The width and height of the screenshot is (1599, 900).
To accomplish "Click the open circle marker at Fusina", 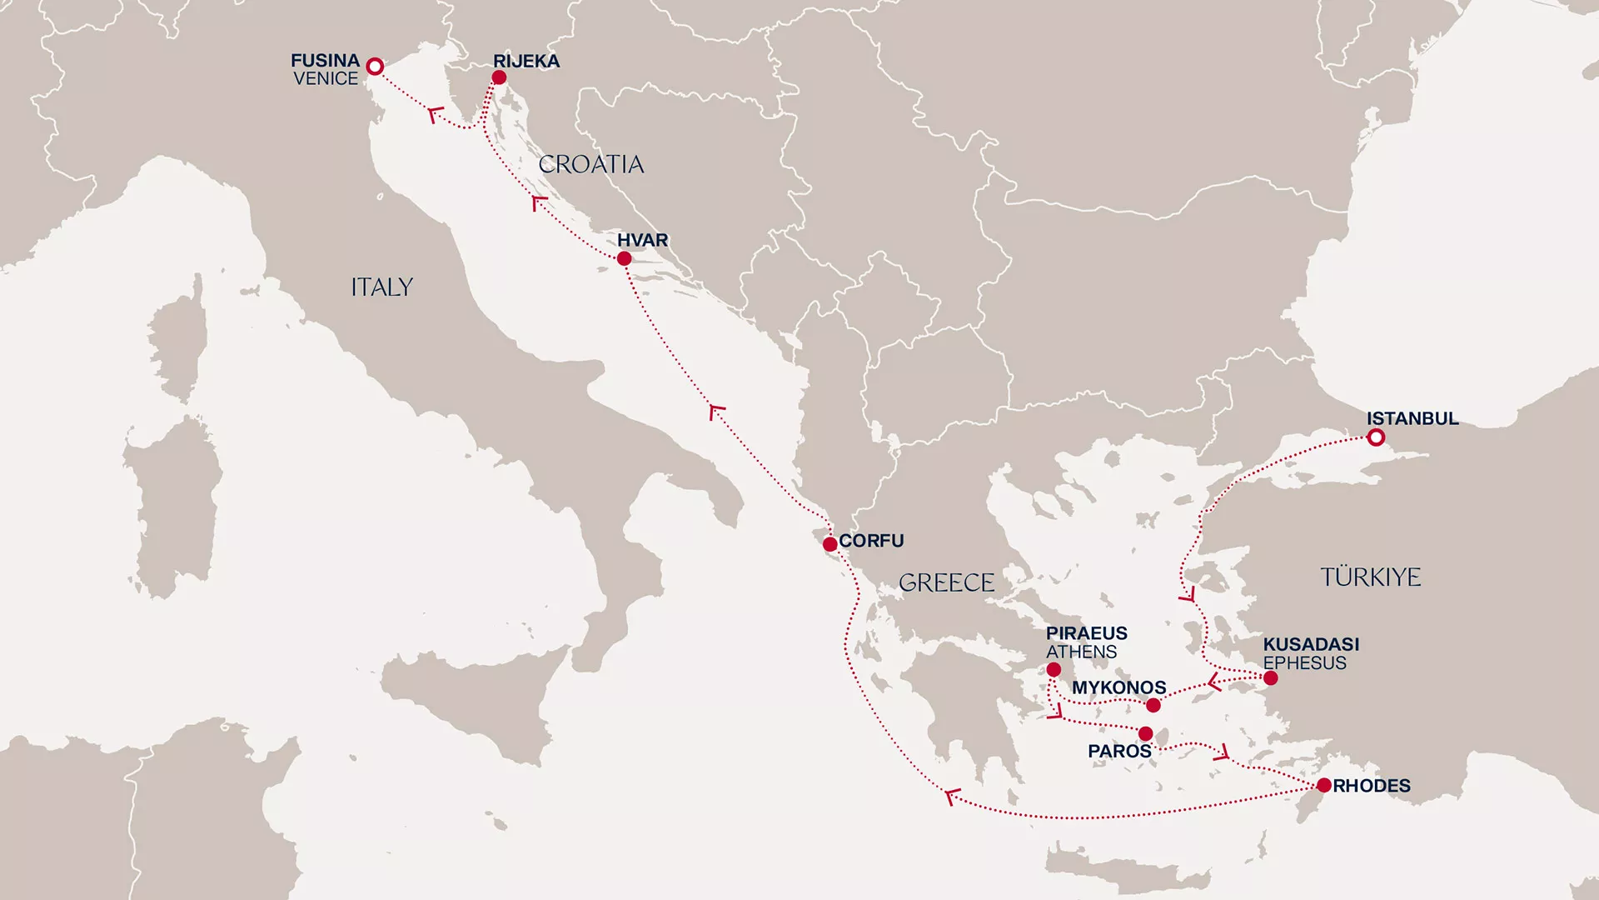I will pyautogui.click(x=375, y=66).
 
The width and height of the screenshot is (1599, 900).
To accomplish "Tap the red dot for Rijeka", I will pyautogui.click(x=499, y=77).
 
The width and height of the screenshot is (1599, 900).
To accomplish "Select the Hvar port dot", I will pyautogui.click(x=624, y=259).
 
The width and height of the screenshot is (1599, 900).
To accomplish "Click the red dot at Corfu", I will pyautogui.click(x=829, y=545).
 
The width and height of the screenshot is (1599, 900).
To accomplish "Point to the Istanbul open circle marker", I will pyautogui.click(x=1376, y=437).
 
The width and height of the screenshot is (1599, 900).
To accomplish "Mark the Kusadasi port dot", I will pyautogui.click(x=1270, y=678).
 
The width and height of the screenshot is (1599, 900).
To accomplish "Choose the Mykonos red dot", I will pyautogui.click(x=1153, y=706).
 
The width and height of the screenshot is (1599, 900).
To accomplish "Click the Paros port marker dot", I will pyautogui.click(x=1145, y=734).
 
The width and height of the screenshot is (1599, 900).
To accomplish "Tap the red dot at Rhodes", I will pyautogui.click(x=1323, y=785).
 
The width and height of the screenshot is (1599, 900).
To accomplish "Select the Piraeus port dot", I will pyautogui.click(x=1054, y=670).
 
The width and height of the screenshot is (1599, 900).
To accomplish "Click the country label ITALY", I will pyautogui.click(x=381, y=287).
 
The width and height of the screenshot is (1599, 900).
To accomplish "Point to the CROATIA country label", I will pyautogui.click(x=590, y=164).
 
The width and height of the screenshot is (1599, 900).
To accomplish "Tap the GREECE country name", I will pyautogui.click(x=946, y=582).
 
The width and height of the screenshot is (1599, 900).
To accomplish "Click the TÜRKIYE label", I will pyautogui.click(x=1370, y=577).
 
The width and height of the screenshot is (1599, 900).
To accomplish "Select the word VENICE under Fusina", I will pyautogui.click(x=326, y=79).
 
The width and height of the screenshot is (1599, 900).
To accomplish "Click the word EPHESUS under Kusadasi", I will pyautogui.click(x=1304, y=663).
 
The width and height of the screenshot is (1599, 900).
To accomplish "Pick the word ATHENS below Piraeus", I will pyautogui.click(x=1081, y=652).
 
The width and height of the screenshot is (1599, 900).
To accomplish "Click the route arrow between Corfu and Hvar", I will pyautogui.click(x=715, y=411).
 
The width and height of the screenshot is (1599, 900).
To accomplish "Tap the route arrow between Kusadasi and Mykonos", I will pyautogui.click(x=1215, y=683).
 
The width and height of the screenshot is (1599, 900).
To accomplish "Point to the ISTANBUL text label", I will pyautogui.click(x=1412, y=418).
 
